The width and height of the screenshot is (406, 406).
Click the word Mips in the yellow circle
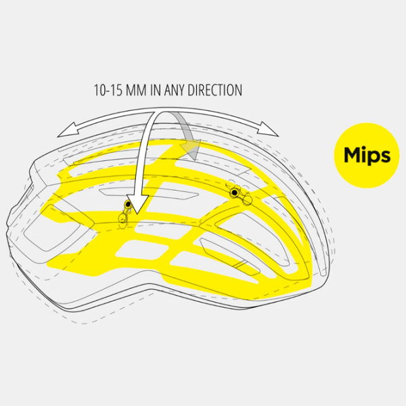367,155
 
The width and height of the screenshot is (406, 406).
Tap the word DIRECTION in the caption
215,90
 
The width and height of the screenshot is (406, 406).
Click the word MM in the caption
136,90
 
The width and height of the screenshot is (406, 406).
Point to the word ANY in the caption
175,90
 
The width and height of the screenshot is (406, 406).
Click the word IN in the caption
156,90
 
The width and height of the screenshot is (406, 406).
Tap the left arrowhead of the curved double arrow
68,130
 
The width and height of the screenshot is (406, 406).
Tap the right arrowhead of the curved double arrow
267,129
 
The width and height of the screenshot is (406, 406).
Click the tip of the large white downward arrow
137,214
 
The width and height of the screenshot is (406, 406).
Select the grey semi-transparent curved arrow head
191,150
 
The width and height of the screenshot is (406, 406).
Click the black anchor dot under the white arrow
128,204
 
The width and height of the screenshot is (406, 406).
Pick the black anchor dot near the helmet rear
234,192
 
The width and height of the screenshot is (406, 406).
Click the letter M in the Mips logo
353,154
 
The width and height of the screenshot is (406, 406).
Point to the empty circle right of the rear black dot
248,200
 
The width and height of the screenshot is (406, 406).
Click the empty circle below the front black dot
122,219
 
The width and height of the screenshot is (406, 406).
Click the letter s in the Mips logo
385,156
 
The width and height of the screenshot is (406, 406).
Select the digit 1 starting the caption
95,91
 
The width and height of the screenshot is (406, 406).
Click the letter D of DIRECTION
191,91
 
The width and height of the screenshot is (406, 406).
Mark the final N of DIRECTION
239,91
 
